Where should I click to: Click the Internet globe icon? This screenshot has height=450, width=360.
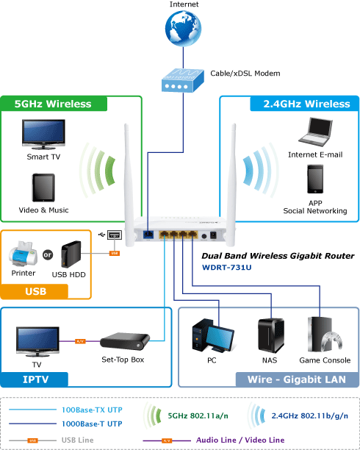coord(183,28)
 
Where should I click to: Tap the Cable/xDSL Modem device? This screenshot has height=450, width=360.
coord(183,80)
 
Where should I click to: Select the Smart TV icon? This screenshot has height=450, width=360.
coord(43,135)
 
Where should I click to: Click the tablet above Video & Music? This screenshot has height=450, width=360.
coord(43,187)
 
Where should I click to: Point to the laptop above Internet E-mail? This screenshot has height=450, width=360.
coord(315,132)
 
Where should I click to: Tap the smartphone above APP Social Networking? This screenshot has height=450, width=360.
coord(315,179)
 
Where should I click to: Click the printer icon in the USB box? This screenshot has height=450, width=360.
coord(24,254)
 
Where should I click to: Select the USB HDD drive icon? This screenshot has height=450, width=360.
coord(71,254)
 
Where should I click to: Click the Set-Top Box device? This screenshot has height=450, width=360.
coord(125,341)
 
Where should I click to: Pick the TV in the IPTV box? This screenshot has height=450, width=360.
coord(37,341)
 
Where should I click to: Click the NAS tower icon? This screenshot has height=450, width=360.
coord(271,336)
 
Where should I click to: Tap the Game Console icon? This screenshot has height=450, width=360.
coord(325,335)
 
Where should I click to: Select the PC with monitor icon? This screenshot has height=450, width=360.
coord(213,336)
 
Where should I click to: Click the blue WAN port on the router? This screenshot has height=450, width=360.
coord(148,235)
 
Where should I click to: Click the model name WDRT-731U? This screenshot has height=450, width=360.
coord(226,268)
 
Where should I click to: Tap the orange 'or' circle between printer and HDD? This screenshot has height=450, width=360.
coord(48,254)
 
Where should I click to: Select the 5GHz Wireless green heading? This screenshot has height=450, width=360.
coord(53,104)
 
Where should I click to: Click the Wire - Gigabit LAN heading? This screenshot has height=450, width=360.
coord(297,379)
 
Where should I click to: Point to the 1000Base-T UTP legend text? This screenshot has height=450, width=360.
coord(92,424)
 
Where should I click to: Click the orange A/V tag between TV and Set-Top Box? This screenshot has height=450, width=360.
coord(80,341)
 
